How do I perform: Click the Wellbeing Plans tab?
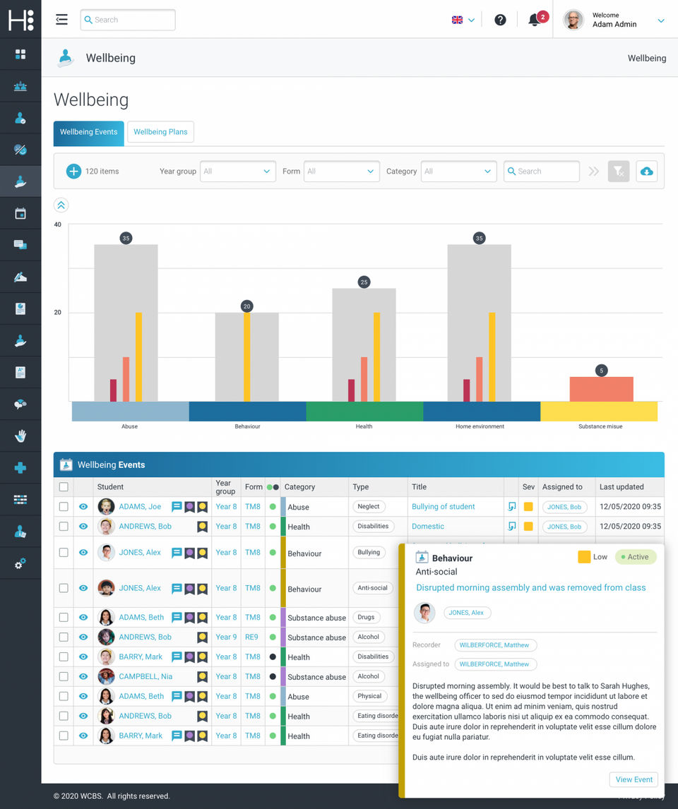pos(160,132)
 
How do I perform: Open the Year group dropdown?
pos(238,172)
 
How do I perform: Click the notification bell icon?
pos(535,20)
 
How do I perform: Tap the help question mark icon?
pos(500,20)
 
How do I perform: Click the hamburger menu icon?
pos(61,20)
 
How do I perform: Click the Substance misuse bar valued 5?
pos(601,389)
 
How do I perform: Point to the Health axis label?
pos(364,426)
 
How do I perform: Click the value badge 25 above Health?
pos(364,282)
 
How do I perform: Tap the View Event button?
pos(634,779)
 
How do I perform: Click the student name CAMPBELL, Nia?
pos(145,676)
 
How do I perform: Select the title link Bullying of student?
pos(443,507)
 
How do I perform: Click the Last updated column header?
pos(621,487)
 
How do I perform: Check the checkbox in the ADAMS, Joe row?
pos(64,507)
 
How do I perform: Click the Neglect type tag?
pos(369,507)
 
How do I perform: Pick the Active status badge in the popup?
pos(636,557)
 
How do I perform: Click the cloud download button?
pos(646,172)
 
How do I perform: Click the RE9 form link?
pos(251,637)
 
